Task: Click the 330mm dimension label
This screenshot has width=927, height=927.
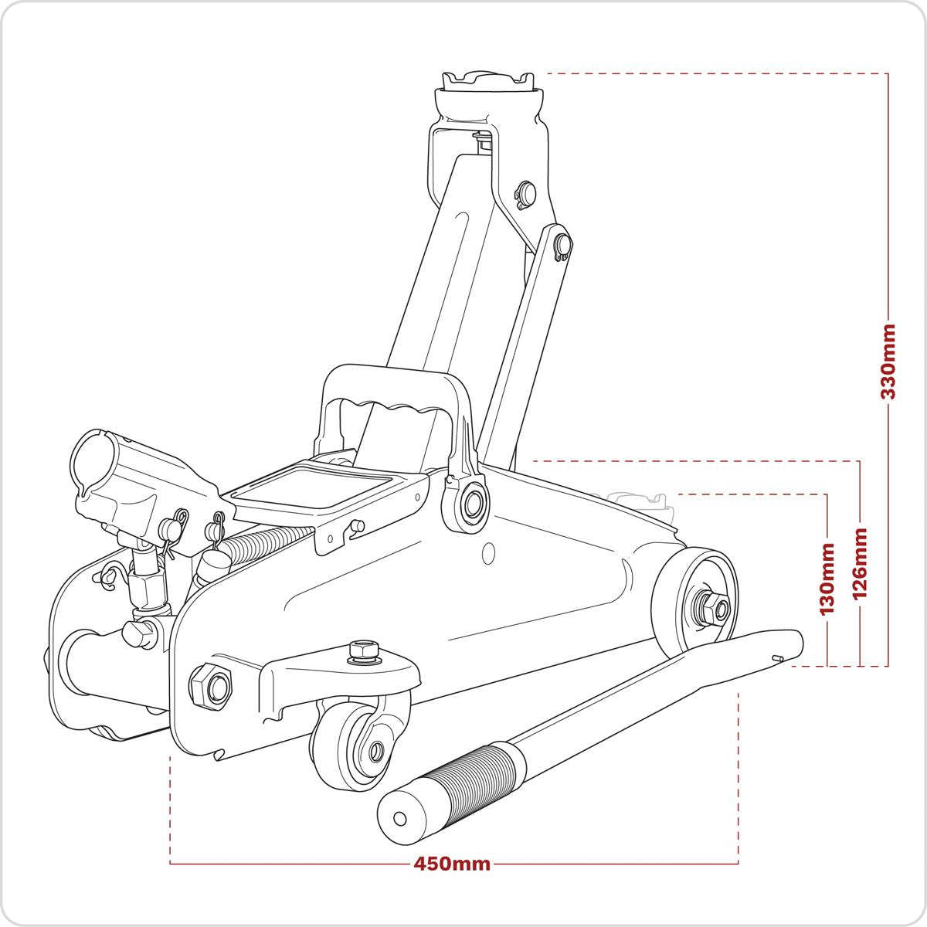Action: coord(888,362)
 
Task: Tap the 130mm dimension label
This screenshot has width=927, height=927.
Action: coord(827,578)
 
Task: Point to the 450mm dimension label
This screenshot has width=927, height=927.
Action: coord(452,864)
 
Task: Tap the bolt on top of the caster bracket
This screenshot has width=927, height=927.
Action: coord(361,650)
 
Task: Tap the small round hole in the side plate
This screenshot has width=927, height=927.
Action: coord(487,553)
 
